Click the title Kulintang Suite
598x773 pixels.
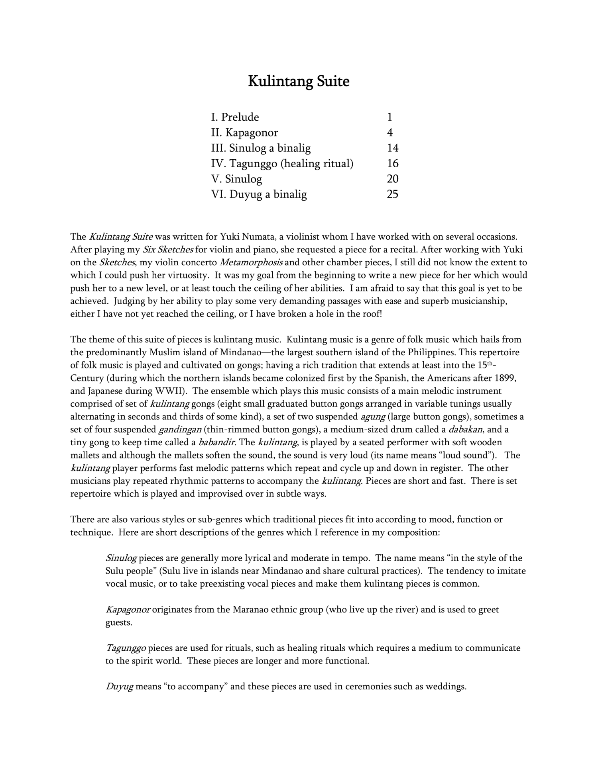(299, 81)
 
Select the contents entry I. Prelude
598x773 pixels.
(235, 117)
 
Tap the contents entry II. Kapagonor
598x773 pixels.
(244, 133)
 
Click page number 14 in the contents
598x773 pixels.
(392, 148)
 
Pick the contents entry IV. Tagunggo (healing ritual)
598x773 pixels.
(282, 164)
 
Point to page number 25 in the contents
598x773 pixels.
(392, 194)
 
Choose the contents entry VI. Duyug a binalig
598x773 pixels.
(259, 194)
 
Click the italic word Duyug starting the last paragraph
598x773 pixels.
(120, 687)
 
